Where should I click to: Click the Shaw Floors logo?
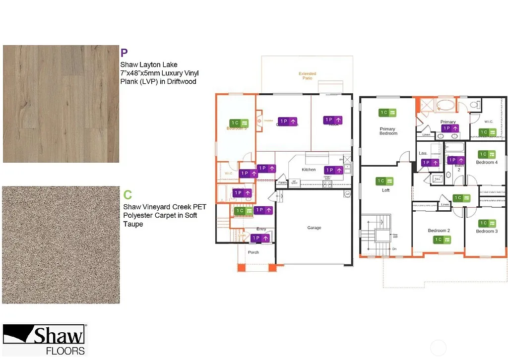pyautogui.click(x=44, y=340)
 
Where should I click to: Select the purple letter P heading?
pyautogui.click(x=124, y=53)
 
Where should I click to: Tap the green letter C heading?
pyautogui.click(x=127, y=195)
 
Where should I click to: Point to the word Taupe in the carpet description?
pyautogui.click(x=132, y=224)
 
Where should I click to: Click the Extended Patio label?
pyautogui.click(x=307, y=76)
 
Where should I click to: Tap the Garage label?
pyautogui.click(x=314, y=228)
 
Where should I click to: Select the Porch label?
pyautogui.click(x=254, y=252)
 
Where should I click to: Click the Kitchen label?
pyautogui.click(x=309, y=170)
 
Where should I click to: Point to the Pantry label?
pyautogui.click(x=282, y=182)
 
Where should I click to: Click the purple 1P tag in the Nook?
pyautogui.click(x=332, y=120)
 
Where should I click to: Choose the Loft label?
pyautogui.click(x=385, y=190)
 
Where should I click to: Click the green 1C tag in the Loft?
pyautogui.click(x=385, y=181)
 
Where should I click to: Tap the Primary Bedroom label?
pyautogui.click(x=388, y=131)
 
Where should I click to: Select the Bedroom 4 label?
pyautogui.click(x=486, y=162)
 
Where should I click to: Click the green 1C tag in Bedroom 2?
pyautogui.click(x=442, y=240)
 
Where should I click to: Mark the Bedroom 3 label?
pyautogui.click(x=486, y=231)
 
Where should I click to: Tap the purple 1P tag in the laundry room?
pyautogui.click(x=430, y=162)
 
